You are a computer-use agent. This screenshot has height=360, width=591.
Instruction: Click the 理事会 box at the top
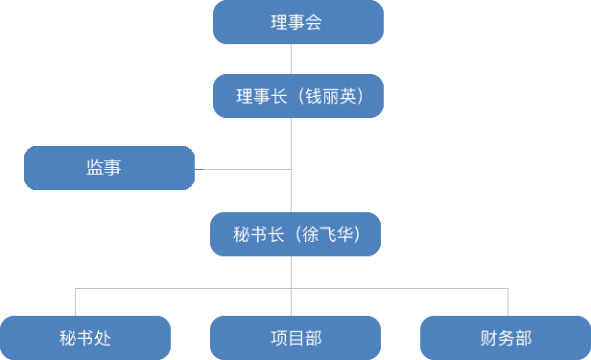coord(297,22)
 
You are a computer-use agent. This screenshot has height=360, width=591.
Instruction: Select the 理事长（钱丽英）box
coord(297,96)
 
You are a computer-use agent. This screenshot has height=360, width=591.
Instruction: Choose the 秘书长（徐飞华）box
coord(295,234)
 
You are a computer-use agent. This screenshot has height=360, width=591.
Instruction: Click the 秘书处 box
coord(85,337)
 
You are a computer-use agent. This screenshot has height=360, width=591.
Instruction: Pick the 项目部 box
coord(295,337)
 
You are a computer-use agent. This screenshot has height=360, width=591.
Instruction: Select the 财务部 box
coord(505,337)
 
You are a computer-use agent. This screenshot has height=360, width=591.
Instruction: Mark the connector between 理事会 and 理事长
coord(291,59)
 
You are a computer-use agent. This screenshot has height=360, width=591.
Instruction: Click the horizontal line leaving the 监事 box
coord(247,169)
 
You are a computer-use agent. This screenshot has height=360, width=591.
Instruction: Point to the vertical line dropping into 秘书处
coord(76,301)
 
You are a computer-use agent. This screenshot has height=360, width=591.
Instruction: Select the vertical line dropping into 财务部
coord(508,301)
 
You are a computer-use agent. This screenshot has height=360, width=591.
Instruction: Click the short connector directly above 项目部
coord(291,301)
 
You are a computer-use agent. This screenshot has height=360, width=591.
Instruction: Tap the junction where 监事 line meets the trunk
coord(291,169)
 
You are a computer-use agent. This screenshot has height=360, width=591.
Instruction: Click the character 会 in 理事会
coord(313,22)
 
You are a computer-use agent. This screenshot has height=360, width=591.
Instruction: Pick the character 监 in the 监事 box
coord(95,168)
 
